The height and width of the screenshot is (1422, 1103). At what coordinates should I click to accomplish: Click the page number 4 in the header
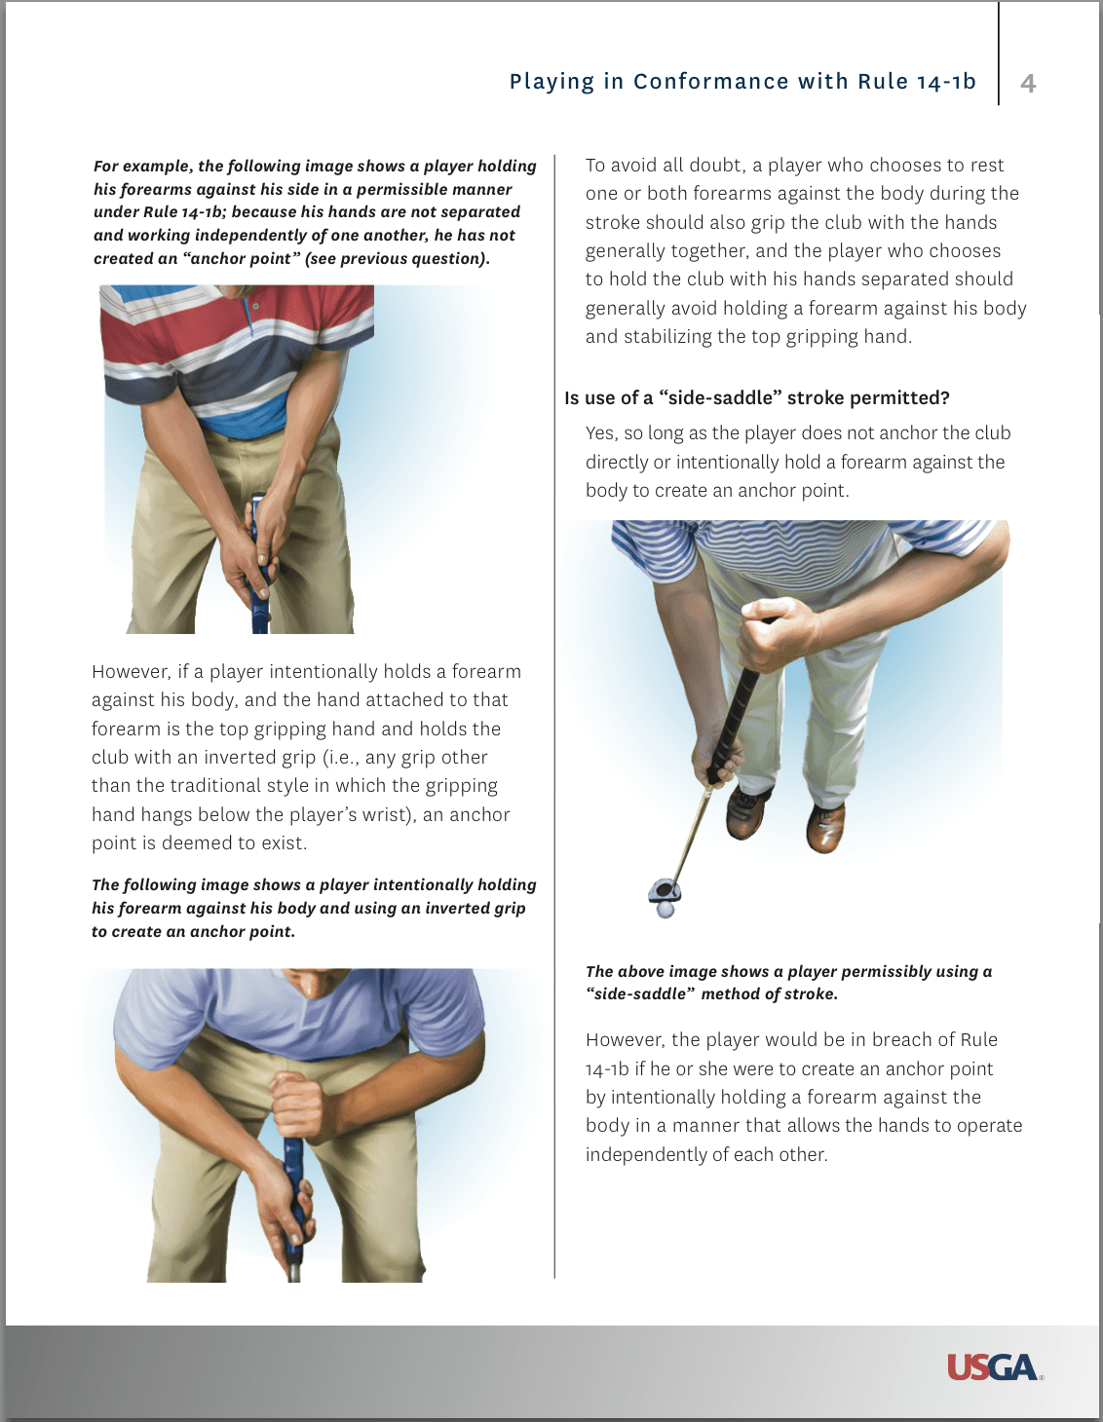tap(1027, 84)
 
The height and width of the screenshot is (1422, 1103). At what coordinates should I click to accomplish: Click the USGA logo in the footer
tap(993, 1367)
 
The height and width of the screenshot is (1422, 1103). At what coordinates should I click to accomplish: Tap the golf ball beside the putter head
tap(665, 910)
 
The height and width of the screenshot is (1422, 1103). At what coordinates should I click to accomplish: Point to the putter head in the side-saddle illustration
tap(665, 890)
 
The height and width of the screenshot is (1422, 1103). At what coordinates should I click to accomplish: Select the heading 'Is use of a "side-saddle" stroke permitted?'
tap(756, 397)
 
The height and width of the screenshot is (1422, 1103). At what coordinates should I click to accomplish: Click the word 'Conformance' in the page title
tap(710, 82)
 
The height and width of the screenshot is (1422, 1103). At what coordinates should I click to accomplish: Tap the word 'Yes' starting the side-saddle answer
tap(599, 433)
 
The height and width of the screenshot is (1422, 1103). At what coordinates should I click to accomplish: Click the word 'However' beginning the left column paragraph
tap(130, 672)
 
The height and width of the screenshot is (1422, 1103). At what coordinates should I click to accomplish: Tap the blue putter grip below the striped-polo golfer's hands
tap(260, 609)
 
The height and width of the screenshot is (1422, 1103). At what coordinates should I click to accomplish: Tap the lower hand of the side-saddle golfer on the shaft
tap(716, 757)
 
